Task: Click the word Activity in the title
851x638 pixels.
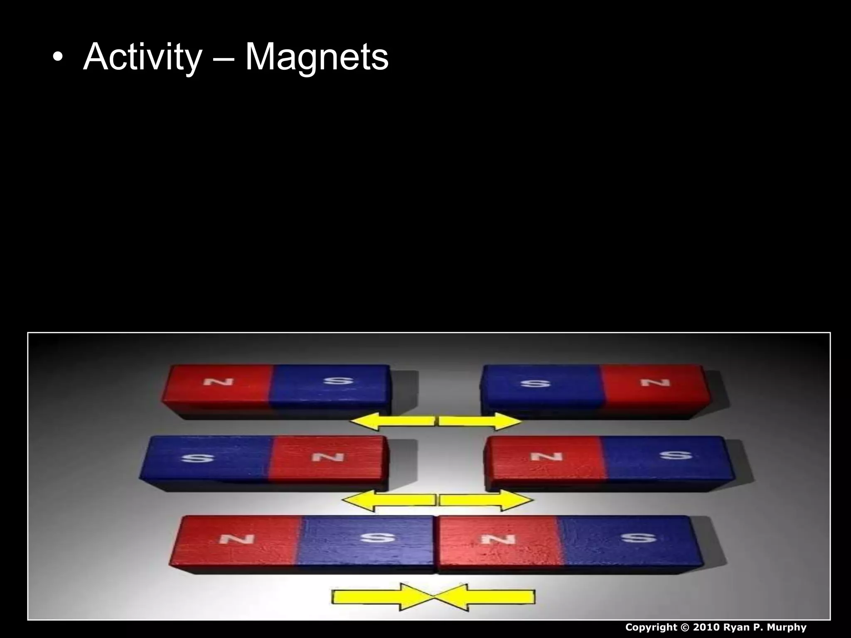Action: [143, 57]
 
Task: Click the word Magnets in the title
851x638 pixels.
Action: [317, 57]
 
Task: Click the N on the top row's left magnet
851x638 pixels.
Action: [218, 381]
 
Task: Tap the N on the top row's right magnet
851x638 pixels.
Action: [655, 382]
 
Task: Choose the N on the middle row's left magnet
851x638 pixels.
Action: [328, 457]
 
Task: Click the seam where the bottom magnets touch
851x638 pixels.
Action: [435, 544]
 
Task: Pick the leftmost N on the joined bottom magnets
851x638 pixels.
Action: [236, 539]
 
